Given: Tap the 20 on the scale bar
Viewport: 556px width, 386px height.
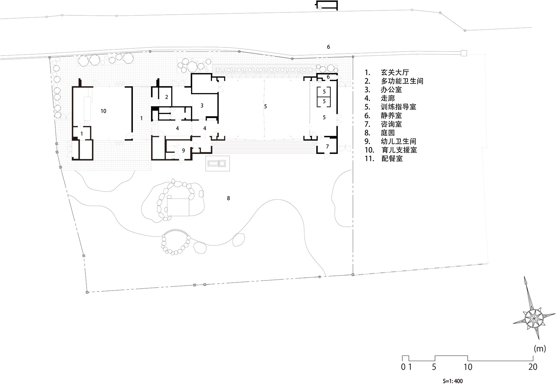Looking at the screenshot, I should point(532,367).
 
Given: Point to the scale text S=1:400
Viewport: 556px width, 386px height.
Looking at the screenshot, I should point(453,381).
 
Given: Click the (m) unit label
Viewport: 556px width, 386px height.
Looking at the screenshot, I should point(539,348).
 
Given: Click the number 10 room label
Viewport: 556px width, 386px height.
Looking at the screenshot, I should point(103,111).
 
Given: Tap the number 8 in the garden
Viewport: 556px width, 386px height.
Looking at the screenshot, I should point(228,198).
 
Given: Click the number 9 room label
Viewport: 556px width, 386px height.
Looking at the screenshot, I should point(183,151).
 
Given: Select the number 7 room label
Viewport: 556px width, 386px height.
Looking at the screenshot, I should point(327,147).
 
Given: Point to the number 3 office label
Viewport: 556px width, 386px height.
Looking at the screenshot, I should point(202,106).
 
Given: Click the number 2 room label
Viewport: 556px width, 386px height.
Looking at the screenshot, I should point(166,97).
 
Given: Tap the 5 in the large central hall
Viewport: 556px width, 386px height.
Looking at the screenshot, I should point(266,107).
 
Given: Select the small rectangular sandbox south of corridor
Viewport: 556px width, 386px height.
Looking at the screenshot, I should point(218,163).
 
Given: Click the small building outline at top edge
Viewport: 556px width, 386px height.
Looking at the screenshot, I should point(326,5).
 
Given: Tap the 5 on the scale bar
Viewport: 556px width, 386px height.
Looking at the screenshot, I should point(434,367).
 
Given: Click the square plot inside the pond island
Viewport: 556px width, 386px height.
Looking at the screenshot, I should point(178,207).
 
